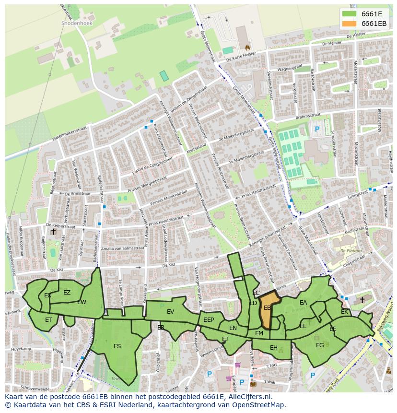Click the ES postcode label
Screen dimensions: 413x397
(x=117, y=346)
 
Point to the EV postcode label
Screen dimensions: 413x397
(x=170, y=312)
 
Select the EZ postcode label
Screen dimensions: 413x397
(x=67, y=293)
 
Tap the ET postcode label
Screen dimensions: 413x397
(x=48, y=319)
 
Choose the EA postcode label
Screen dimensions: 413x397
(x=303, y=303)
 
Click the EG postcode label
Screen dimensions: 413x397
(x=320, y=345)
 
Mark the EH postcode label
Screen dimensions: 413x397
(x=273, y=348)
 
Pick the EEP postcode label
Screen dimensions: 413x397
(x=209, y=320)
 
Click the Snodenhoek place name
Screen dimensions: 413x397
(x=77, y=23)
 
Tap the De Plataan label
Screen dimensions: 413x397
(x=350, y=251)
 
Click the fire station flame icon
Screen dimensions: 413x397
(x=247, y=47)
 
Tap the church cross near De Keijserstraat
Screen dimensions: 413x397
(x=53, y=232)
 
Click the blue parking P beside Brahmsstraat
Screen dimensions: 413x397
(x=316, y=129)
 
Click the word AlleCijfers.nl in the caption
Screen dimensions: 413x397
(x=248, y=397)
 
